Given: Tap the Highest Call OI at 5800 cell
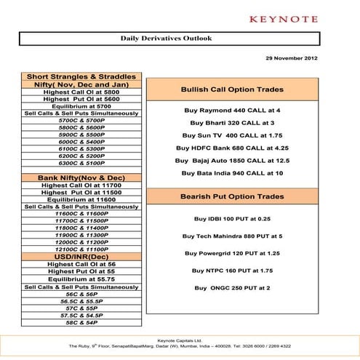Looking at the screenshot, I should [81, 92].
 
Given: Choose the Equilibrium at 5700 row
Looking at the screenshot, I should [81, 106].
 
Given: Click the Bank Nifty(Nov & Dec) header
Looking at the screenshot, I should [81, 177].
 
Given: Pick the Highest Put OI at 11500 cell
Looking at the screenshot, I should [81, 193].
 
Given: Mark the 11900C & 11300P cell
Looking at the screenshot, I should [81, 235].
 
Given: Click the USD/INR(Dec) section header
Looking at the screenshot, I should [81, 257].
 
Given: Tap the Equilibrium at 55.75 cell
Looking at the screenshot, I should [81, 279].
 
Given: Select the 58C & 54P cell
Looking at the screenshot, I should [81, 322].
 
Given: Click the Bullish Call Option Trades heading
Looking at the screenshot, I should [232, 89].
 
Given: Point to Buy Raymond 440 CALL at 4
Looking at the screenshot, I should [232, 111].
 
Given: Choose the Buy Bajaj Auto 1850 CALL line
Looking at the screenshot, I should [232, 160].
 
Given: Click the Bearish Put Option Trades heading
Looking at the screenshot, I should [232, 196].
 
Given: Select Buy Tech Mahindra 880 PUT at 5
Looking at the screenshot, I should [232, 236].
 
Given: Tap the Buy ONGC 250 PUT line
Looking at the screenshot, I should [232, 288].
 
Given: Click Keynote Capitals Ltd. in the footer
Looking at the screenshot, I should [180, 340].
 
